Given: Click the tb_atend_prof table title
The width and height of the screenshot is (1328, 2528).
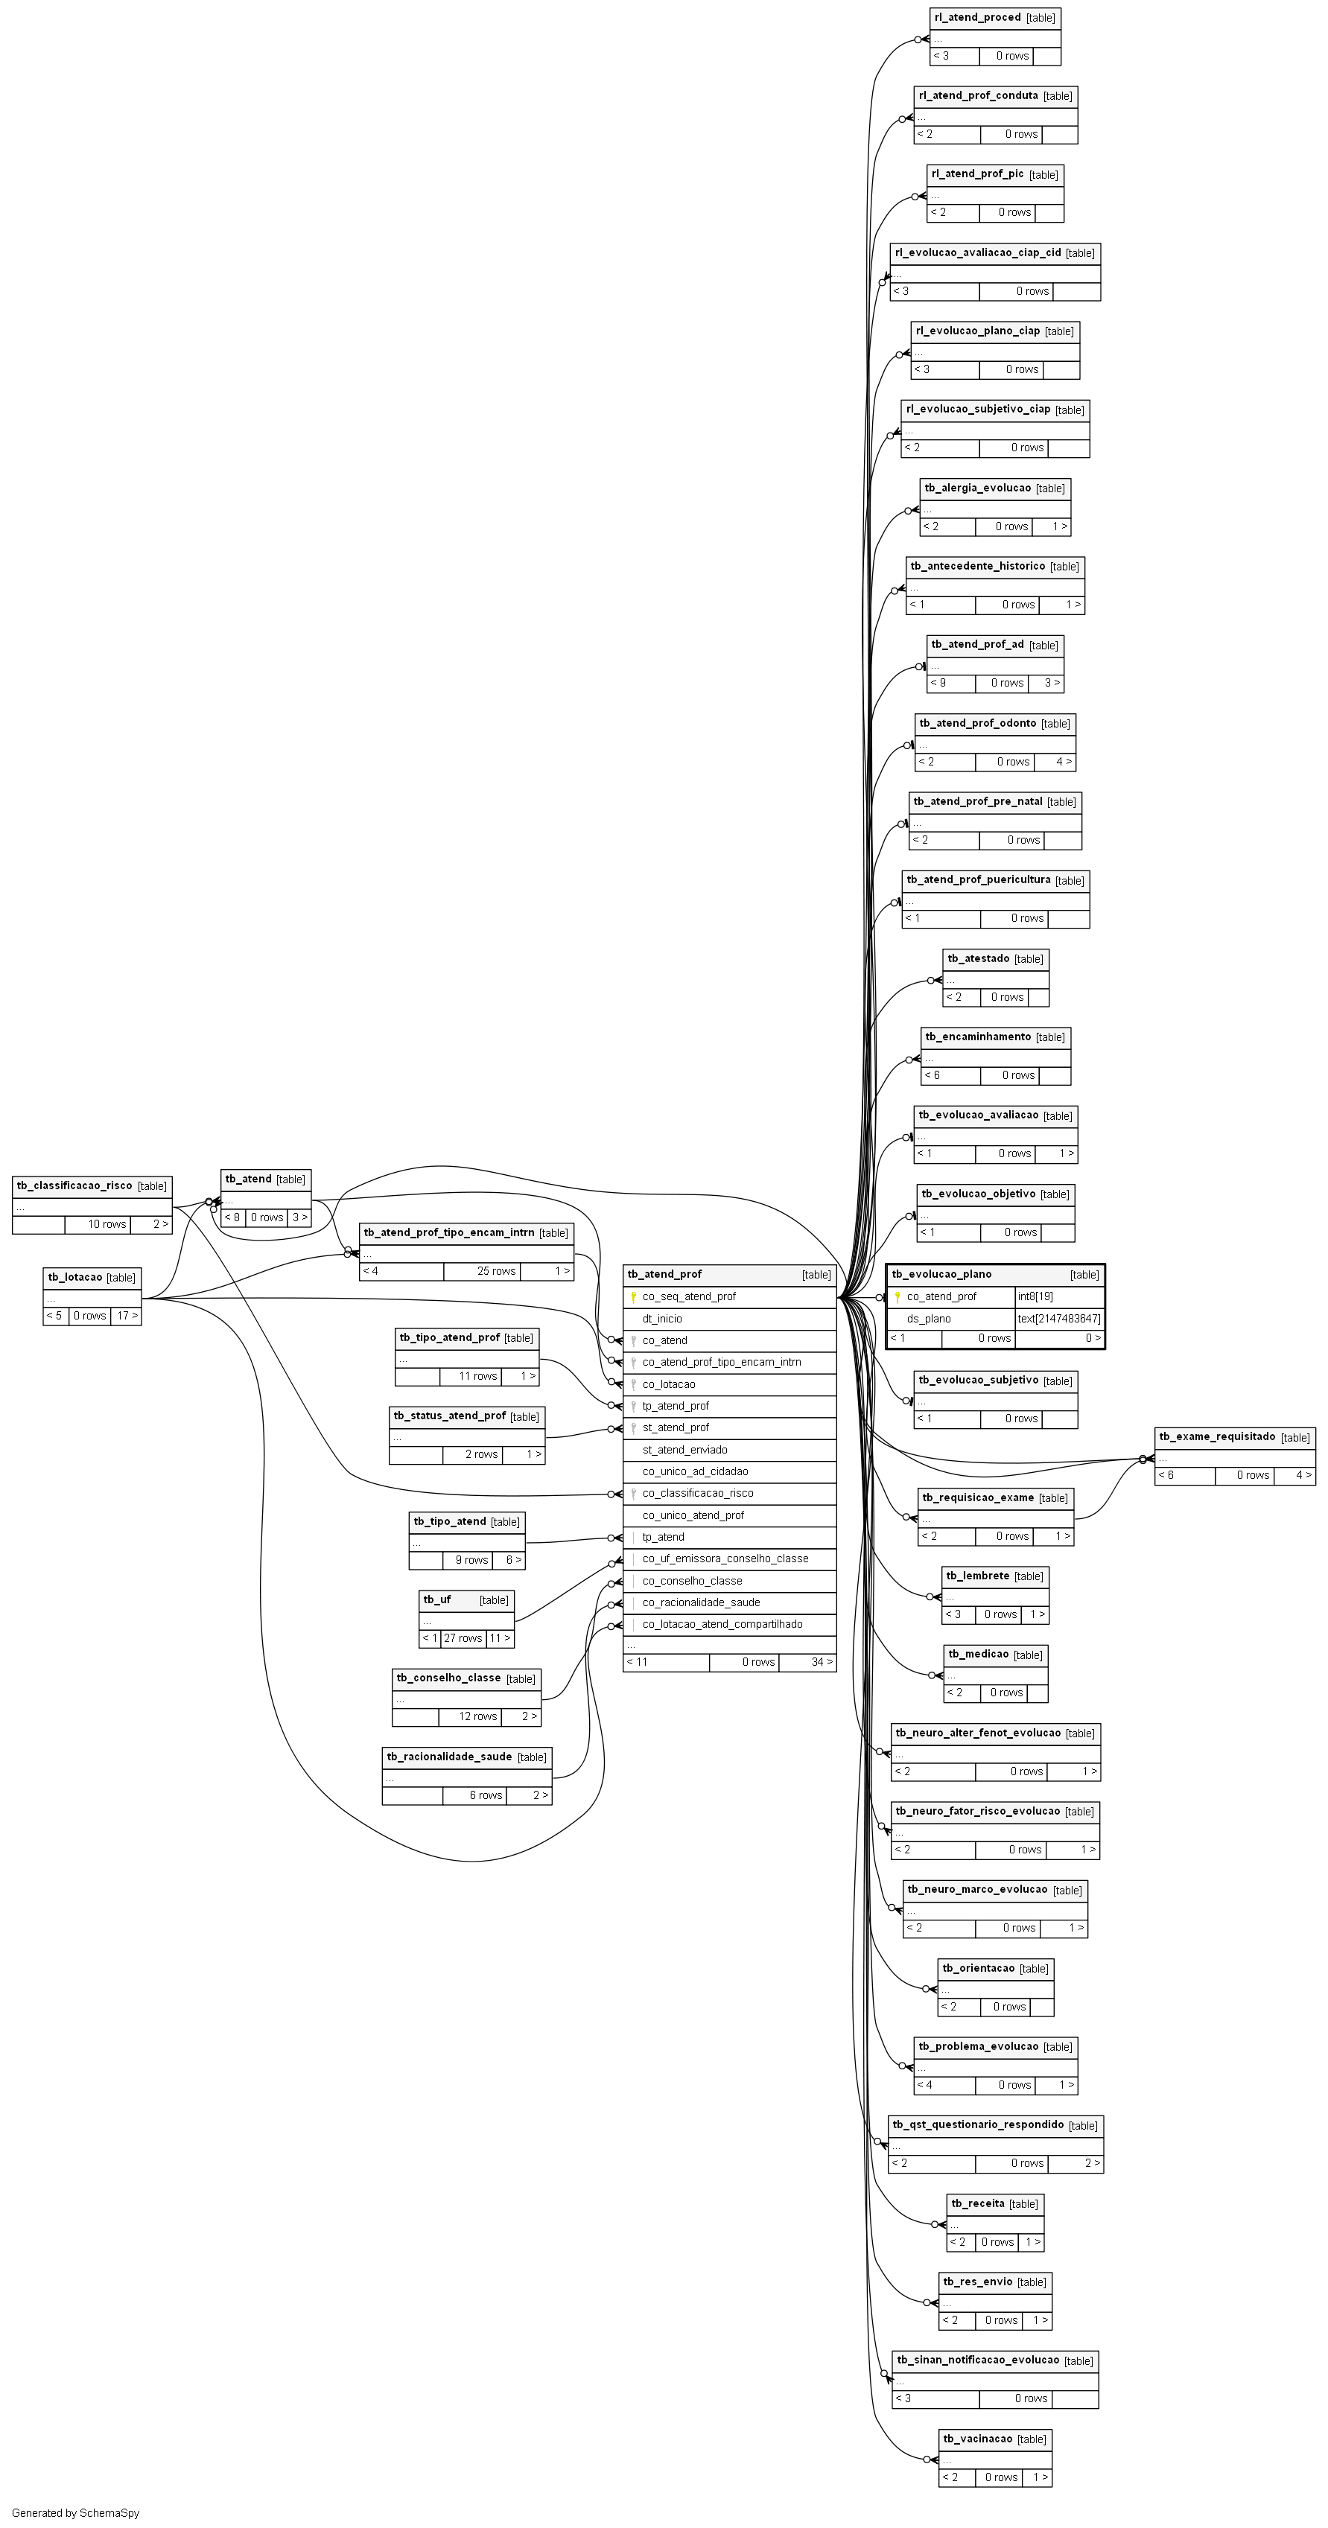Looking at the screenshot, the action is pos(664,1274).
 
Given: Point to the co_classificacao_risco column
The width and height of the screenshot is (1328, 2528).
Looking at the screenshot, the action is pos(698,1493).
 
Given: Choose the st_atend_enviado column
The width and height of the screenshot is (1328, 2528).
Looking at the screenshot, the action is pos(685,1450).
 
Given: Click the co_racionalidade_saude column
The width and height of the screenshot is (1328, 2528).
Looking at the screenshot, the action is pos(701,1602).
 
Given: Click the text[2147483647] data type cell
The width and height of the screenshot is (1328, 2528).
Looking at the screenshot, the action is pos(1059,1319).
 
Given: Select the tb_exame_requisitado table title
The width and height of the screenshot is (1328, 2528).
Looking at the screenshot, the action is pos(1217,1436).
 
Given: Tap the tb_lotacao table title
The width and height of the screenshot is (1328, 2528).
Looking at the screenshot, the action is pos(74,1277).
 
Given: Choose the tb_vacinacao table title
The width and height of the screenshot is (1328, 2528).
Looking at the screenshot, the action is pos(978,2439).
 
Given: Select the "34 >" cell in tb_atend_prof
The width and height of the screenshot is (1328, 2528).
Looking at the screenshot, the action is pos(822,1661).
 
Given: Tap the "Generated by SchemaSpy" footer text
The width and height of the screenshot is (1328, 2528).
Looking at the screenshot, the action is pos(75,2513).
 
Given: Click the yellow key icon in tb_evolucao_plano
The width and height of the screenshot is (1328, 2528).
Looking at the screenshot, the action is pos(896,1297).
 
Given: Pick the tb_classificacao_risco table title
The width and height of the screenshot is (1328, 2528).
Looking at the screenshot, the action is pos(74,1185).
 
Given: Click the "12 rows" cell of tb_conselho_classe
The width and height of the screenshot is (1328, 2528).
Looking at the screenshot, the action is pos(478,1716).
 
